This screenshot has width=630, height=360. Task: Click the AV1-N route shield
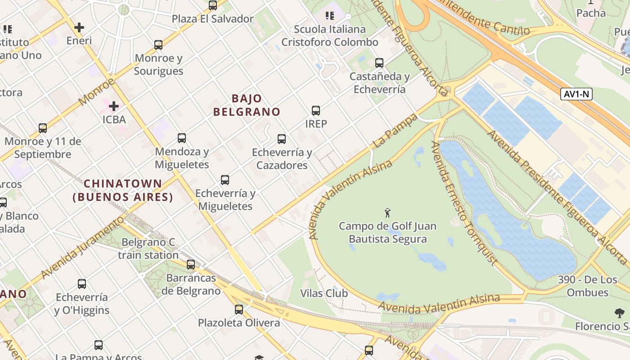coord(576,94)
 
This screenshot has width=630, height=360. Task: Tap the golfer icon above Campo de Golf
coord(387,212)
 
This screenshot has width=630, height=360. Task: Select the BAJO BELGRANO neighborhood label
coord(247,105)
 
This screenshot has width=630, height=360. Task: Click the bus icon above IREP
coord(316,110)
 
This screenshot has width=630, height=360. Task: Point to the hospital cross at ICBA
coord(114,106)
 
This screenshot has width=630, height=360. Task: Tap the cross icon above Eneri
coord(79,27)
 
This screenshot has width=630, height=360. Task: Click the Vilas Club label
coord(324,293)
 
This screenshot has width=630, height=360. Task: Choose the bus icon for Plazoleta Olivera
coord(239,310)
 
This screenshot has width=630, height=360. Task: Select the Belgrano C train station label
coord(148,249)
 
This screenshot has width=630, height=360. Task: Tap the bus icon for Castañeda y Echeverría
coord(379,63)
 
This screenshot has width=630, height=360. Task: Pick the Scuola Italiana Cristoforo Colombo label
coord(330,36)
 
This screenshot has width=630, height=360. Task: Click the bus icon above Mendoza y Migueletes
coord(182,138)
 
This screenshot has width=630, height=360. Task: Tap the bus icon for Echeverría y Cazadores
coord(282,139)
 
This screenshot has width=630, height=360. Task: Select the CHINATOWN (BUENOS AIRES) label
coord(123,190)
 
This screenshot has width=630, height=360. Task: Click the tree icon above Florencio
coord(620,313)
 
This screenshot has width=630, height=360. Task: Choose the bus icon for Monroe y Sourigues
coord(158,45)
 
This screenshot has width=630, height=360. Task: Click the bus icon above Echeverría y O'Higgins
coord(82,284)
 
